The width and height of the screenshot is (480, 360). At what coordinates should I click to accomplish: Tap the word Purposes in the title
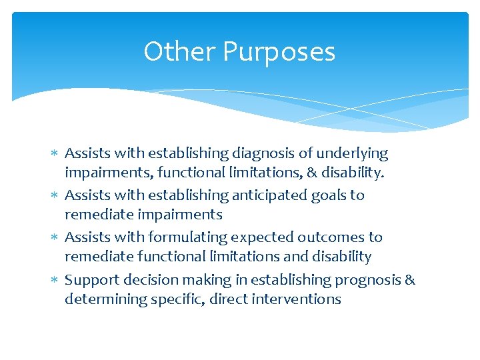tap(279, 52)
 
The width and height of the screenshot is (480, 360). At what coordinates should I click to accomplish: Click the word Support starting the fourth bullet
tap(90, 279)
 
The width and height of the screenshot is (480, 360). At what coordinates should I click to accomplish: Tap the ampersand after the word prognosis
tap(409, 279)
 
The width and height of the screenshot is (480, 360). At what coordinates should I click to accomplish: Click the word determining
tap(101, 299)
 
